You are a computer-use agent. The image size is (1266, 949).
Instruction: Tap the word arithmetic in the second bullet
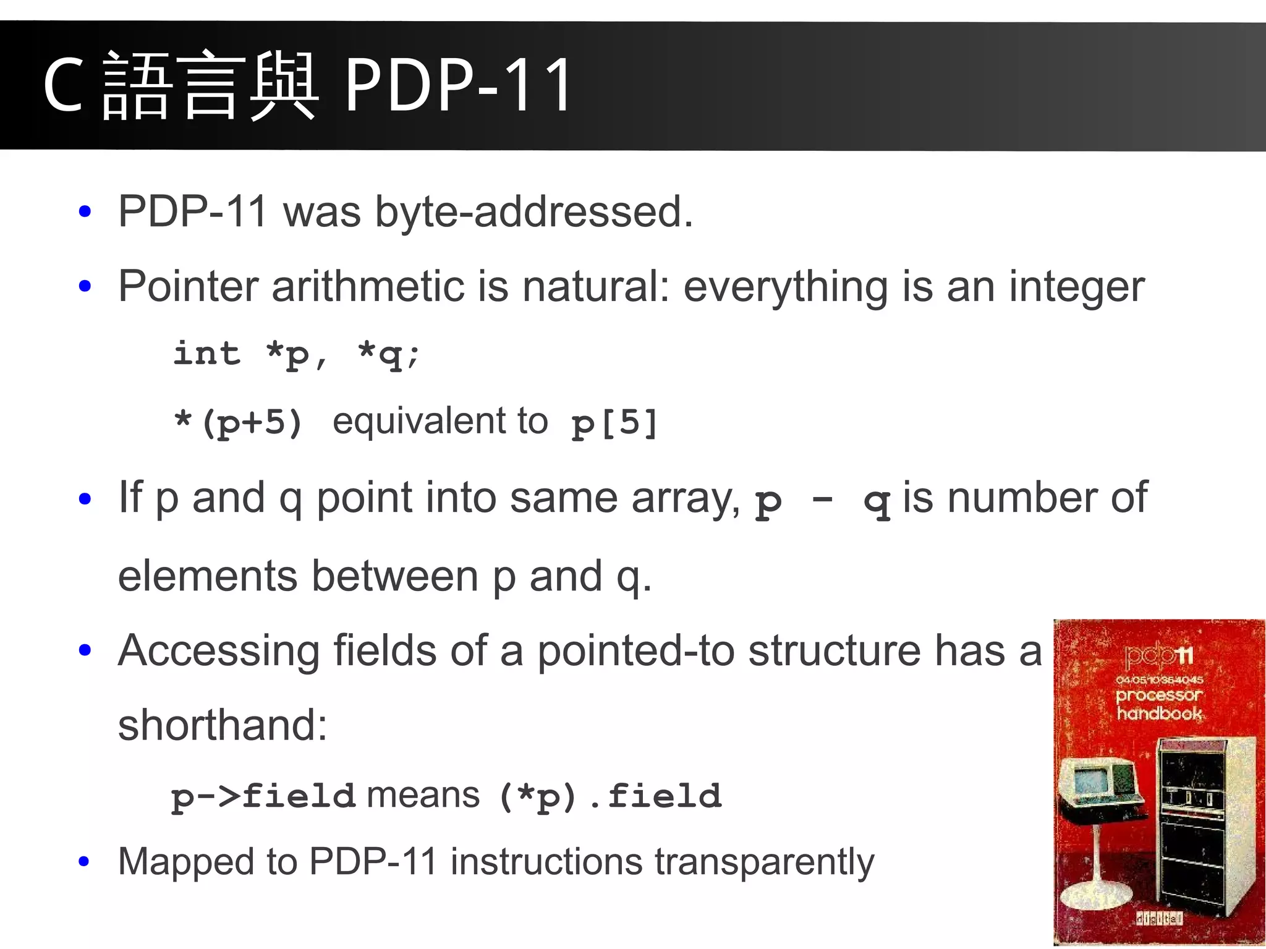pyautogui.click(x=368, y=286)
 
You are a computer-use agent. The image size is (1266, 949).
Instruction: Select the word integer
pyautogui.click(x=1076, y=287)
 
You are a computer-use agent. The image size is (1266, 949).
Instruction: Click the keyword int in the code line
pyautogui.click(x=206, y=354)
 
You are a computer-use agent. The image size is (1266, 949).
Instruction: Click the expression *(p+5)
pyautogui.click(x=239, y=423)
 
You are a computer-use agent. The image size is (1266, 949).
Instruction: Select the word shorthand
pyautogui.click(x=222, y=725)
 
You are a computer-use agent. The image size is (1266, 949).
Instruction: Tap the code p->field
pyautogui.click(x=263, y=796)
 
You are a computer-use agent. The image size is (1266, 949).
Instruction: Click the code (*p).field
pyautogui.click(x=610, y=796)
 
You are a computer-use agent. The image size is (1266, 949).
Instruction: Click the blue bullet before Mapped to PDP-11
pyautogui.click(x=85, y=861)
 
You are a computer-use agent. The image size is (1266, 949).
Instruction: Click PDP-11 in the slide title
pyautogui.click(x=458, y=85)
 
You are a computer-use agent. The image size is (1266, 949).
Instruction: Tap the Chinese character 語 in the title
pyautogui.click(x=137, y=86)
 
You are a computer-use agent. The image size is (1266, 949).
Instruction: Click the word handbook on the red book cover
pyautogui.click(x=1159, y=713)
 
